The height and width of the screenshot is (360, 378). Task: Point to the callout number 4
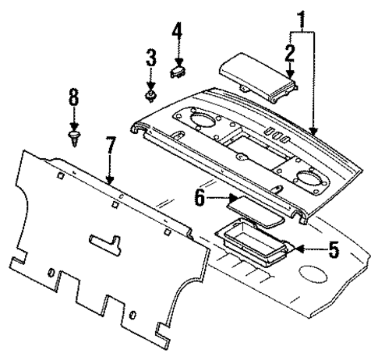177,34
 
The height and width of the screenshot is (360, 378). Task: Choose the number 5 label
334,251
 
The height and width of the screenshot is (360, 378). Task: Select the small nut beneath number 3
150,95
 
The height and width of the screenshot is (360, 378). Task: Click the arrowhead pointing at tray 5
300,251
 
